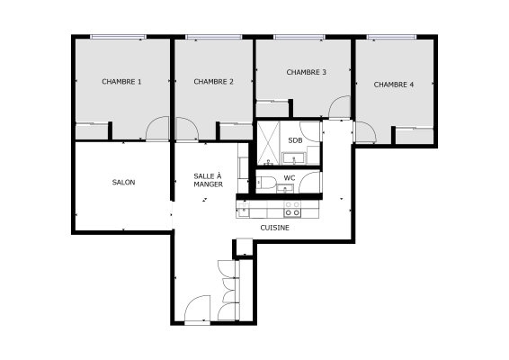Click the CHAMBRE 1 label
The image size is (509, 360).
point(121,82)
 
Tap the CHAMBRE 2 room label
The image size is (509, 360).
point(213,82)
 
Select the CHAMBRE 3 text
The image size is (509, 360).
point(306,72)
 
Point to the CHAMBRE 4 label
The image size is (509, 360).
point(394,85)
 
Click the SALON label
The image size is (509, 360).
point(123,183)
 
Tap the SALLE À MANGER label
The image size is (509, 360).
point(208,180)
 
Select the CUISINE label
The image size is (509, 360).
point(274,228)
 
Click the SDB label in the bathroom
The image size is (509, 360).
point(295,140)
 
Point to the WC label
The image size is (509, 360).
point(290,178)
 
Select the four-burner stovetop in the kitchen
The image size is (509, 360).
point(292,209)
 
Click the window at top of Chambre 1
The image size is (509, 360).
point(117,37)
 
